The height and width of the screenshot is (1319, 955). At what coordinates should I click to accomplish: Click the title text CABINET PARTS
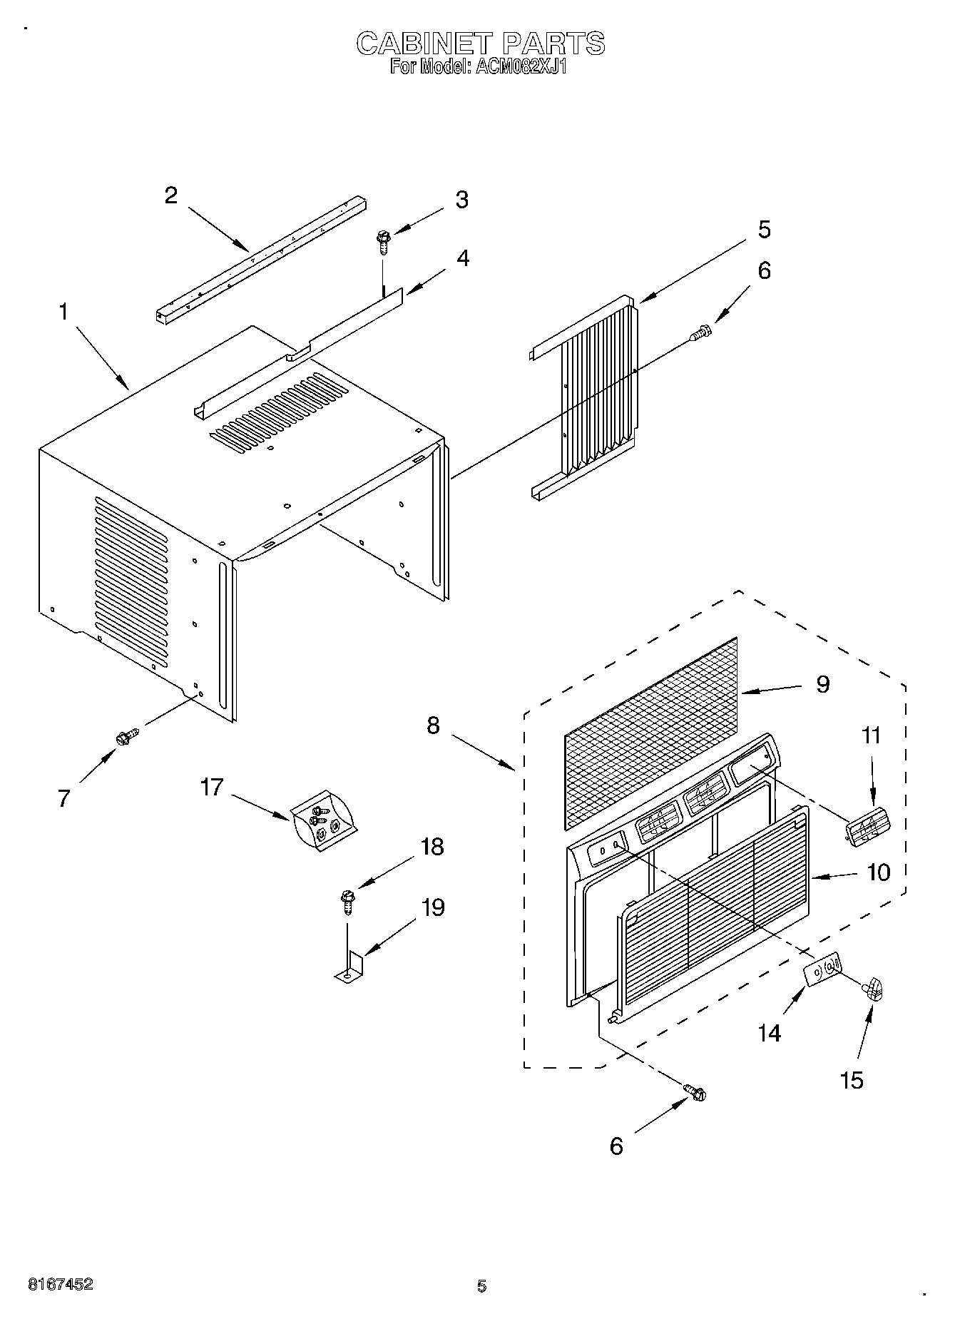[480, 44]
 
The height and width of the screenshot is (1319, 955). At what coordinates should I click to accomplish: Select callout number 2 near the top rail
[171, 195]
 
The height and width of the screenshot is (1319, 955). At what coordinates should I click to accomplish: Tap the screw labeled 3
[383, 242]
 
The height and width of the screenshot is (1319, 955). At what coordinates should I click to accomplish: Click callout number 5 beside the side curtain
[764, 230]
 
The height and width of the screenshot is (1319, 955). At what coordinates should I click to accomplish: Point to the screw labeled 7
[127, 737]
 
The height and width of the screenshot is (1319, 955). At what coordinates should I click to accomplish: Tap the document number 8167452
[60, 1284]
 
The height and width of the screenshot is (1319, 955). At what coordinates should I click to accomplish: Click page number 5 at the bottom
[481, 1286]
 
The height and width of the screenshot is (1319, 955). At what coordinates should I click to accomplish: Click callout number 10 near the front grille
[879, 872]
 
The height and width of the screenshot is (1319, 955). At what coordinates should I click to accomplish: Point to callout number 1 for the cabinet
[64, 312]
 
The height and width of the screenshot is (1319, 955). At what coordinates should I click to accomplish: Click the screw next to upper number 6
[701, 332]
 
